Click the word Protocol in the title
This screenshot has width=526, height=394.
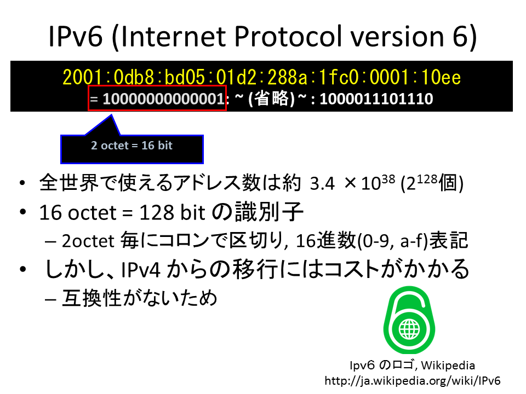(289, 36)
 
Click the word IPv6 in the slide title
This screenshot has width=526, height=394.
(75, 36)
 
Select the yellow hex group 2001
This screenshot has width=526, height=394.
(82, 77)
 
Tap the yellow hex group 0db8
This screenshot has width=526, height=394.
(134, 77)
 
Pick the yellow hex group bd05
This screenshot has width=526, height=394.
(185, 77)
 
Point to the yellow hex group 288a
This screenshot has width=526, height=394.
(288, 77)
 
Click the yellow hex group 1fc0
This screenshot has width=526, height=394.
(339, 77)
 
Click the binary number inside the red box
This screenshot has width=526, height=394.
(163, 99)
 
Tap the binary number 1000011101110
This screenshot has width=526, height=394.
(376, 99)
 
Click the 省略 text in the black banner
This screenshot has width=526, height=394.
(272, 99)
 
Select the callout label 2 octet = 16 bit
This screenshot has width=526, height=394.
(131, 146)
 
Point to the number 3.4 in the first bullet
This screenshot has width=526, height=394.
(322, 183)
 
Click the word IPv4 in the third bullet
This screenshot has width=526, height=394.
(141, 270)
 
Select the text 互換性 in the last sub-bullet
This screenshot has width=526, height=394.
(92, 298)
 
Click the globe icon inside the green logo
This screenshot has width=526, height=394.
(409, 329)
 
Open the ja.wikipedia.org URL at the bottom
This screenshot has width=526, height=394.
(413, 381)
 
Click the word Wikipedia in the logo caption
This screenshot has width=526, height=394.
(448, 365)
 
